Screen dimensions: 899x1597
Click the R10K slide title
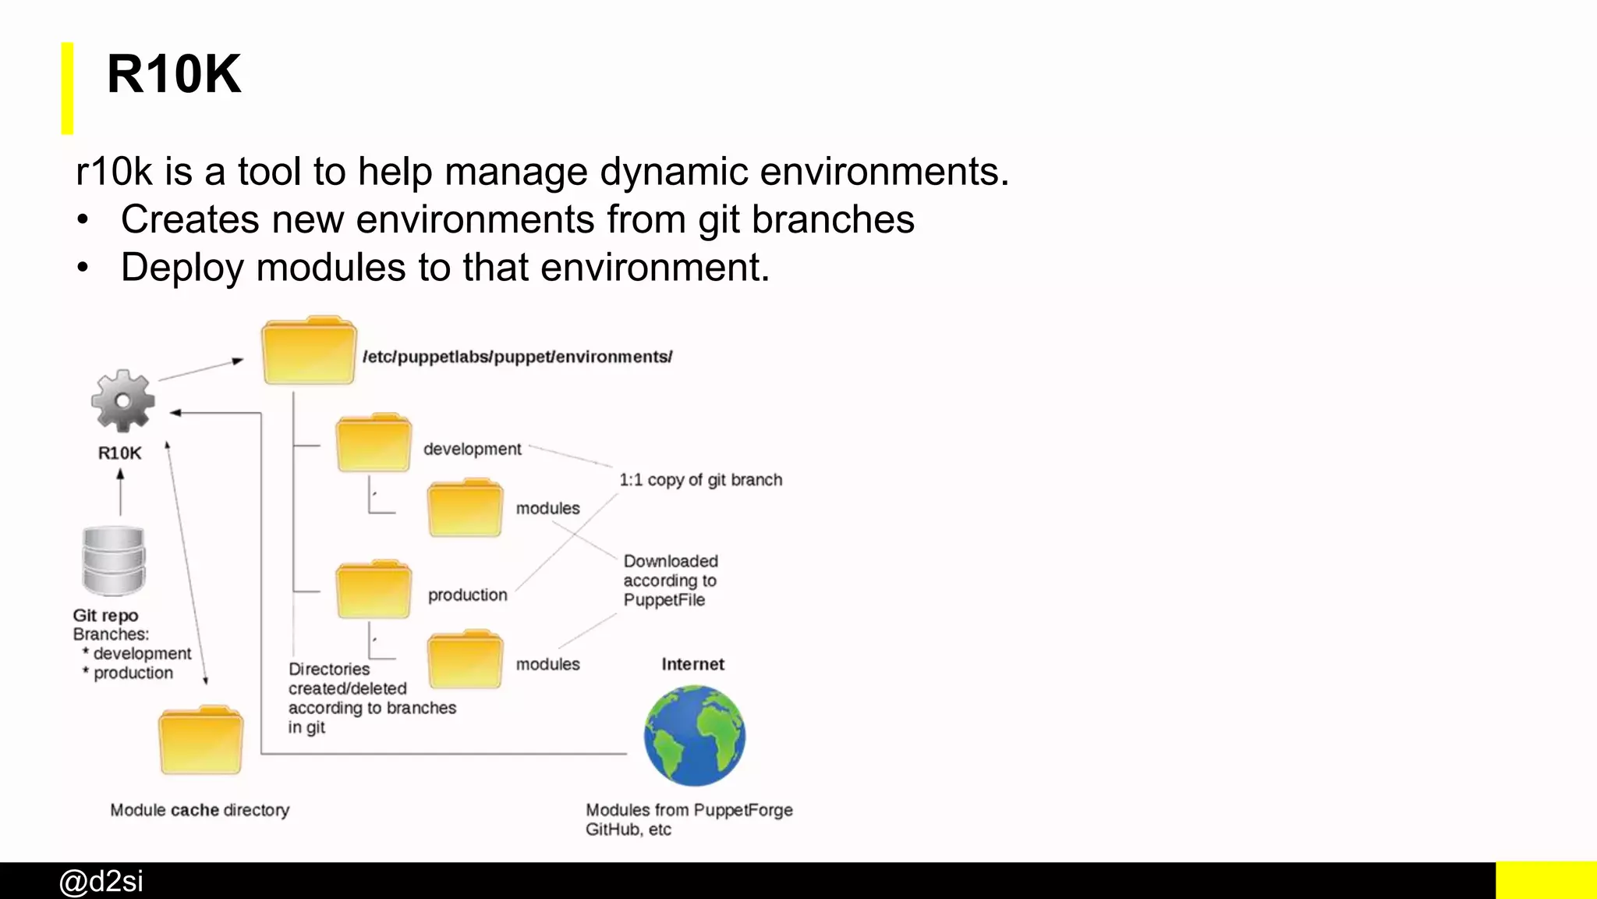pyautogui.click(x=174, y=75)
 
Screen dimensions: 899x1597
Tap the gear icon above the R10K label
pyautogui.click(x=122, y=401)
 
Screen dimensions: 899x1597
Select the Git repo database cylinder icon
pyautogui.click(x=114, y=561)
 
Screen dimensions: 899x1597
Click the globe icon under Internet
pyautogui.click(x=694, y=735)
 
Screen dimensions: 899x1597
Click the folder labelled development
pyautogui.click(x=373, y=443)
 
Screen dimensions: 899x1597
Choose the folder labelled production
pyautogui.click(x=373, y=590)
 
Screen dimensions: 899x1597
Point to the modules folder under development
pyautogui.click(x=465, y=508)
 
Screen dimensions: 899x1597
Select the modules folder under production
pyautogui.click(x=465, y=659)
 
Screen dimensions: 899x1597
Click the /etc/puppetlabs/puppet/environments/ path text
pyautogui.click(x=517, y=357)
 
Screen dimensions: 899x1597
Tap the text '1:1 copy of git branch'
pyautogui.click(x=700, y=480)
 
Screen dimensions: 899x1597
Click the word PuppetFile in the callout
pyautogui.click(x=664, y=600)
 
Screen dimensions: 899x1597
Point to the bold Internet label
pyautogui.click(x=692, y=664)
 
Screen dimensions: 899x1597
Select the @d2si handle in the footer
pyautogui.click(x=101, y=881)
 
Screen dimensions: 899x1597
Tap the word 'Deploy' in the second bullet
pyautogui.click(x=182, y=268)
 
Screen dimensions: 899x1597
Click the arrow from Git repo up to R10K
pyautogui.click(x=120, y=492)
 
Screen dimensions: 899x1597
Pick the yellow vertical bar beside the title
pyautogui.click(x=68, y=88)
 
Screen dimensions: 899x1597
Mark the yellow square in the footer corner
pyautogui.click(x=1546, y=880)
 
